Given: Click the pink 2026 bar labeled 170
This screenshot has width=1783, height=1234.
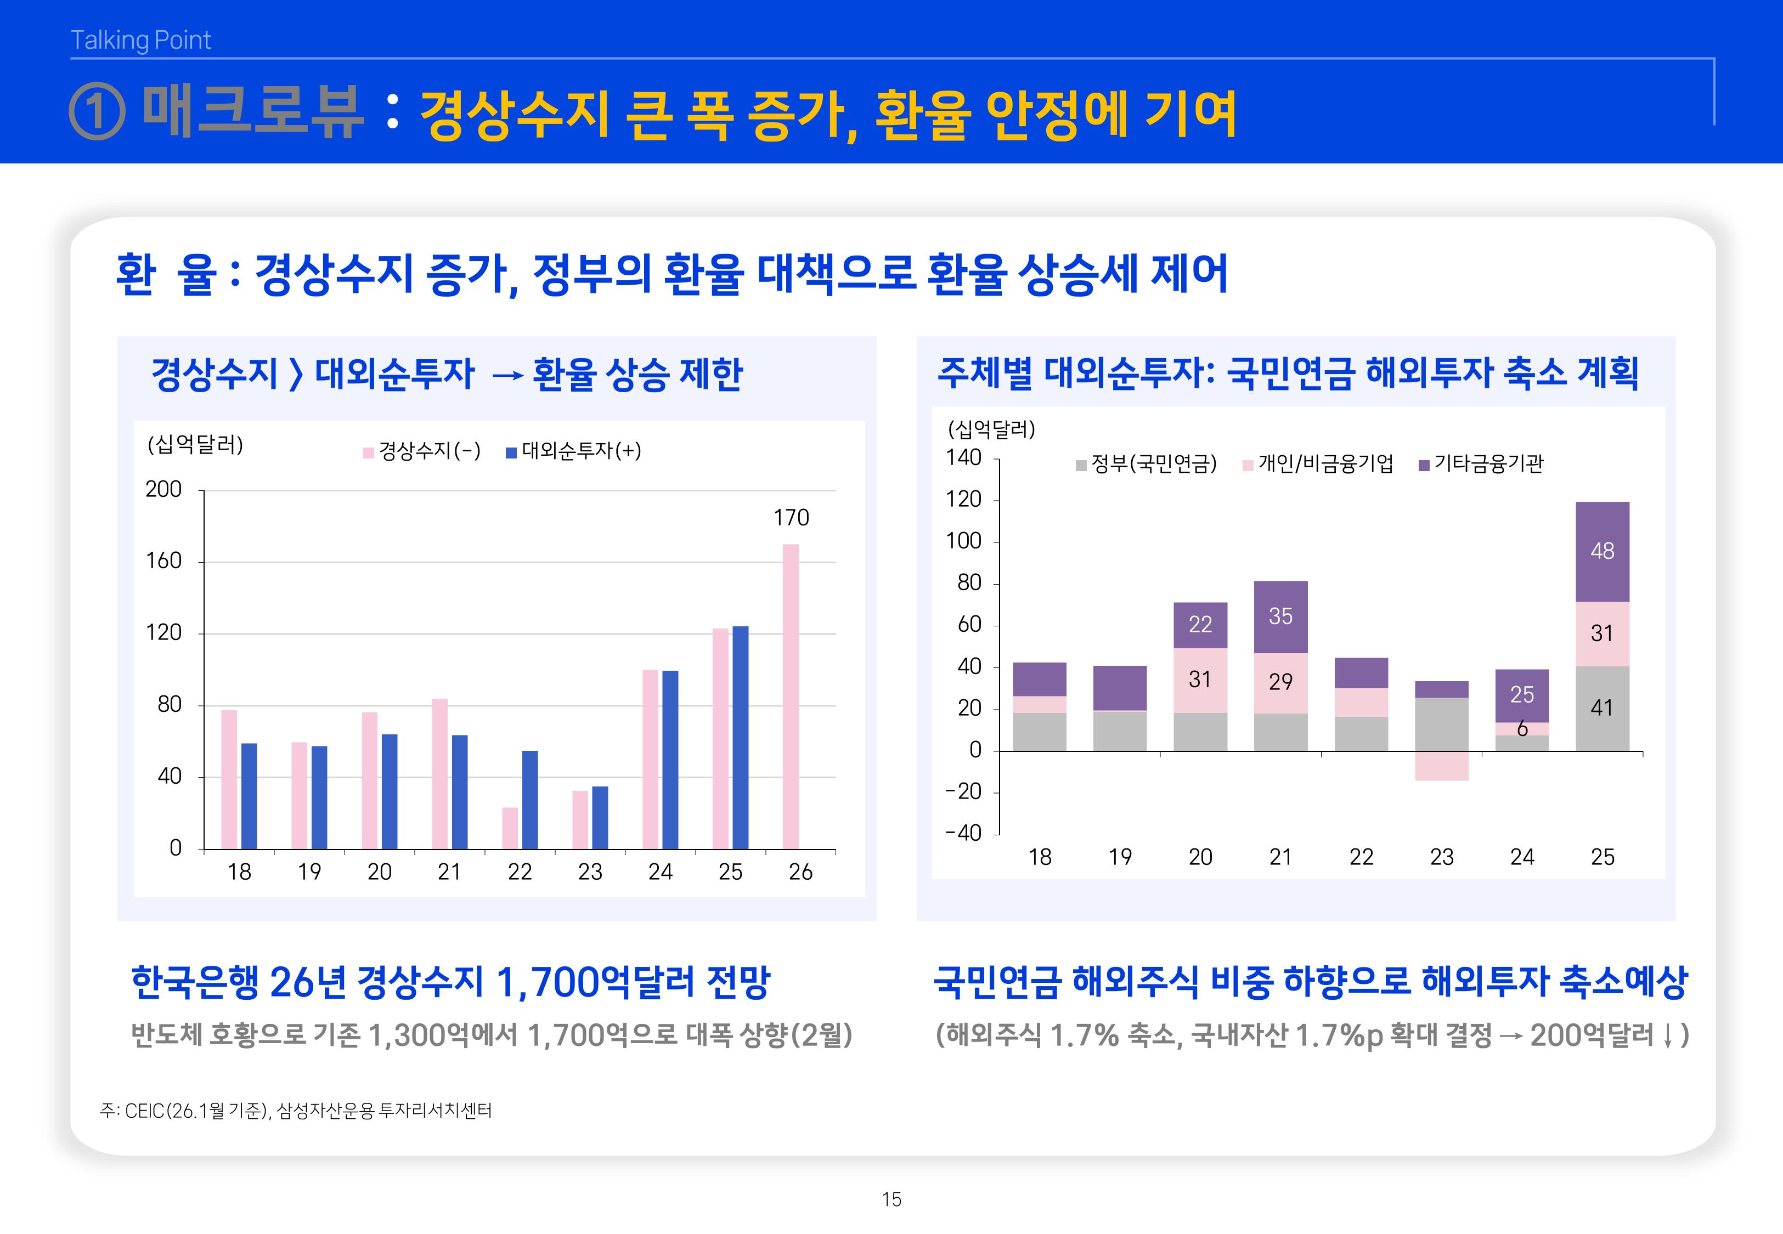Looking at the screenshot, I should pyautogui.click(x=790, y=696).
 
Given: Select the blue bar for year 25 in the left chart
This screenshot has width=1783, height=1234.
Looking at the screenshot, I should pyautogui.click(x=740, y=738).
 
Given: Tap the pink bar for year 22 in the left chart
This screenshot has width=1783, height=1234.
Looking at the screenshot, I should pyautogui.click(x=510, y=828).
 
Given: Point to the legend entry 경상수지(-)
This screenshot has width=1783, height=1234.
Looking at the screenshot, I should pyautogui.click(x=422, y=451).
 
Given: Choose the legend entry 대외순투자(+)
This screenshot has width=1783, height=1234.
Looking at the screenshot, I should pyautogui.click(x=574, y=451).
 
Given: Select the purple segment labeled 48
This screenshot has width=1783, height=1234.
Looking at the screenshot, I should pyautogui.click(x=1602, y=551).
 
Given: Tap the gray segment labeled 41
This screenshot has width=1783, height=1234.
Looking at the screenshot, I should pyautogui.click(x=1602, y=708).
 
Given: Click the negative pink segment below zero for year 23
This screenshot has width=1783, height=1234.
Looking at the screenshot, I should pyautogui.click(x=1441, y=766).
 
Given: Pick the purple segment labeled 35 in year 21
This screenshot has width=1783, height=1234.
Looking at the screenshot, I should pyautogui.click(x=1280, y=616).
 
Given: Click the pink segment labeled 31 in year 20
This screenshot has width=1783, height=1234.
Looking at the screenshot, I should pyautogui.click(x=1200, y=680).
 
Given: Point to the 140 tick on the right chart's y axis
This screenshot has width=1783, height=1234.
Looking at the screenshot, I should pyautogui.click(x=963, y=458).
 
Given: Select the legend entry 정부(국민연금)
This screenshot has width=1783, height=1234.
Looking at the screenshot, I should pyautogui.click(x=1147, y=464).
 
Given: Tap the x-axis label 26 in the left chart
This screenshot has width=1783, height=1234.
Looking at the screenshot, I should pyautogui.click(x=800, y=872).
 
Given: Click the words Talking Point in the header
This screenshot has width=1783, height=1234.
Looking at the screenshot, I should pyautogui.click(x=141, y=40).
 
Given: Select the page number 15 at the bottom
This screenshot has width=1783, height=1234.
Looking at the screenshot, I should pyautogui.click(x=891, y=1199).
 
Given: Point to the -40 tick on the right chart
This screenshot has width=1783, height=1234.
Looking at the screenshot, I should pyautogui.click(x=963, y=834).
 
